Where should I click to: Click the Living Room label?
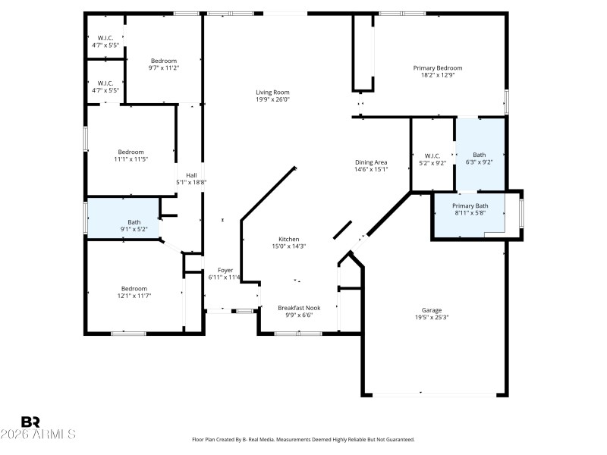point(272,93)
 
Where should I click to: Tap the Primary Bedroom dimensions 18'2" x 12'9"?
point(437,75)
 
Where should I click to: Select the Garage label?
point(432,310)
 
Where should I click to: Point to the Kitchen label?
point(288,239)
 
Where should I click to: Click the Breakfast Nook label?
point(299,308)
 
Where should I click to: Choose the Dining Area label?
point(371,162)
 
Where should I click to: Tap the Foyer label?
point(225,270)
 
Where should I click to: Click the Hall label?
point(191,175)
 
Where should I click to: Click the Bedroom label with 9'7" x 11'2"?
point(163,61)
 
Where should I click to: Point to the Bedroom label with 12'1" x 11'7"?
point(134,288)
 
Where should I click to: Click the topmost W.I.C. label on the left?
point(105,39)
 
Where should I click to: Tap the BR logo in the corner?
point(30,421)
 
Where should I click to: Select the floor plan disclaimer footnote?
point(303,439)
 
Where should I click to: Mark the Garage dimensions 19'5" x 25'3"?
point(432,318)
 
